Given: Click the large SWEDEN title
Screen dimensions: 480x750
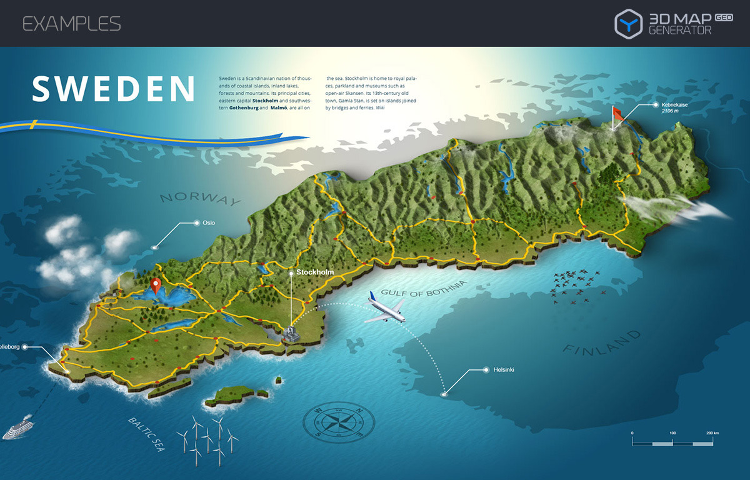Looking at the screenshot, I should (114, 89).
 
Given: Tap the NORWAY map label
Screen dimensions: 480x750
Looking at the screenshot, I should (200, 199).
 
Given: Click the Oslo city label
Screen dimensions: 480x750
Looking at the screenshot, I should (209, 222).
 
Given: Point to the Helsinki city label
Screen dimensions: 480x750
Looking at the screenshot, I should (502, 370).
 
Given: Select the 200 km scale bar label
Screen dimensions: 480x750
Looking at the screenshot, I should (712, 432).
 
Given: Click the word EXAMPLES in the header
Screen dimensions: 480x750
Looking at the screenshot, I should (71, 24).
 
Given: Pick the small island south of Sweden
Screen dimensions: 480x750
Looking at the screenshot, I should (234, 395).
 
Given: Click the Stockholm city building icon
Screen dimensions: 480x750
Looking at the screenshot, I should (291, 333).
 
